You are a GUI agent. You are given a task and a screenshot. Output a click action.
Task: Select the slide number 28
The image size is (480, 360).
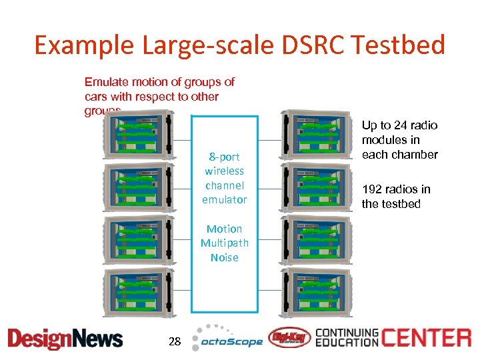[x=175, y=341]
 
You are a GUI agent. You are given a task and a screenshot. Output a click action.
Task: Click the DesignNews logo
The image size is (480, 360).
[x=65, y=338]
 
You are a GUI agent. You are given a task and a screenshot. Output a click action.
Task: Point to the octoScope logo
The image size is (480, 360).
[x=227, y=338]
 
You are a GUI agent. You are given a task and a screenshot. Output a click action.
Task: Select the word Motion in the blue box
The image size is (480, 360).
[x=224, y=229]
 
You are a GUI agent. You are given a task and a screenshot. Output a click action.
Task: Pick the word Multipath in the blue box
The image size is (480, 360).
[x=224, y=243]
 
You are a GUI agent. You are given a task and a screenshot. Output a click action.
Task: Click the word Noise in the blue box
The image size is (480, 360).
[x=224, y=257]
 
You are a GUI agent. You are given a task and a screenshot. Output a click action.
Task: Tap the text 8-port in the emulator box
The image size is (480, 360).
[x=224, y=157]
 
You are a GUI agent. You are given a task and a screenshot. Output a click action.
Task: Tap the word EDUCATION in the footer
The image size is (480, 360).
[x=347, y=343]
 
